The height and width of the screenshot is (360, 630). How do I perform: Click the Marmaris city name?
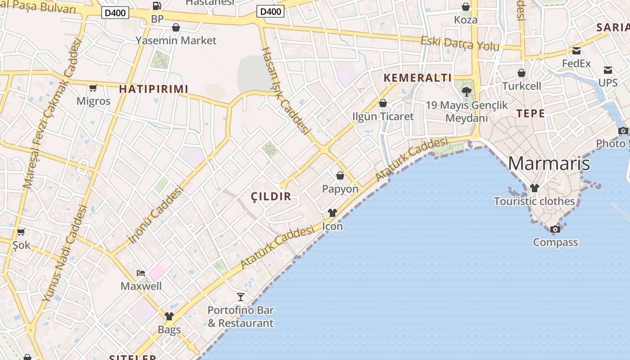tap(549, 163)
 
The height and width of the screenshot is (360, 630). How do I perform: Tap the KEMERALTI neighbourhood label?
tap(418, 78)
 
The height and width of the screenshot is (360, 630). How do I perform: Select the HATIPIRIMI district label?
tap(153, 89)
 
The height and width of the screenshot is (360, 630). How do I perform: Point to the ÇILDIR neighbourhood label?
tap(271, 196)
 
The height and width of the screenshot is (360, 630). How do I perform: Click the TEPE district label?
tap(531, 113)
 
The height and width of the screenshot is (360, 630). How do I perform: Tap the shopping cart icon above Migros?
tap(93, 88)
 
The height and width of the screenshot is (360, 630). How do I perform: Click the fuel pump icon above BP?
tap(157, 6)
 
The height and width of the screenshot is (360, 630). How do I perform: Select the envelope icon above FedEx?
tap(576, 51)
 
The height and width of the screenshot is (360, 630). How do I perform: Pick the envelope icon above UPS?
tap(608, 70)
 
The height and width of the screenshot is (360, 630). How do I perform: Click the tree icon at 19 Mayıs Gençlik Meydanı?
tap(467, 92)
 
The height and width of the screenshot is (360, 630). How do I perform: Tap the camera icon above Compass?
tap(555, 229)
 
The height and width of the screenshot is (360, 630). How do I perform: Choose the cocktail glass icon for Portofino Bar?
tap(241, 297)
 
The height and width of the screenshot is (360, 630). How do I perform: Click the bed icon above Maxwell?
tap(141, 273)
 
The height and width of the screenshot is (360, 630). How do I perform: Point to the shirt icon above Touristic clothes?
tap(534, 188)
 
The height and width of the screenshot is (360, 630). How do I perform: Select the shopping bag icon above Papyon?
tap(340, 175)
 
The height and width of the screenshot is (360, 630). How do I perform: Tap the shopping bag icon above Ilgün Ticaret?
tap(383, 103)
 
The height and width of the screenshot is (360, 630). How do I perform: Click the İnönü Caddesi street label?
tap(156, 215)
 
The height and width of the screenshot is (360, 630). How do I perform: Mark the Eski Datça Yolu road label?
tap(460, 44)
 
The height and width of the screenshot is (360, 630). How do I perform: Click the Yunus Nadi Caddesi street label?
tap(65, 253)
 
